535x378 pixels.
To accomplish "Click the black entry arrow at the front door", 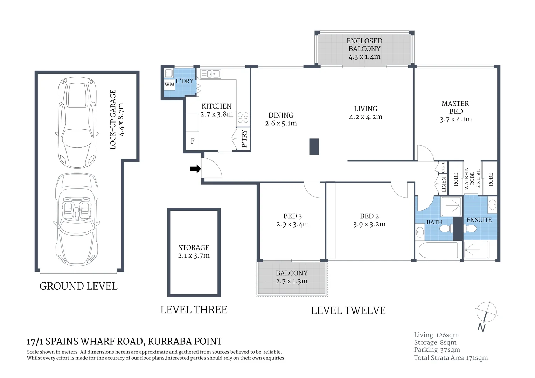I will (x=195, y=169).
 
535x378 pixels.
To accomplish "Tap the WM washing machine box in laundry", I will (x=169, y=85).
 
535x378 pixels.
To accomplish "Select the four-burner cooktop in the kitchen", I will (x=243, y=118).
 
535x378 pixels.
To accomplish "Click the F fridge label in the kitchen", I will (x=192, y=141).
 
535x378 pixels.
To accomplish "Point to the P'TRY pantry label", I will (x=244, y=139).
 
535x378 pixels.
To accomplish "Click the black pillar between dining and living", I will (x=314, y=146).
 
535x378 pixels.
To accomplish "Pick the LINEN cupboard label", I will (x=444, y=184).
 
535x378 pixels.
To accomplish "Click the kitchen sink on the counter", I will (x=210, y=74).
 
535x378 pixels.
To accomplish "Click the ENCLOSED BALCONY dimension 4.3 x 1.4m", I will (x=364, y=57).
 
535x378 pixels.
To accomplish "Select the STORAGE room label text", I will (x=194, y=247).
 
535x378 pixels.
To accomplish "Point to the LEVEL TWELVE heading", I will (x=348, y=310).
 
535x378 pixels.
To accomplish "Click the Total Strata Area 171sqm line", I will (x=451, y=358).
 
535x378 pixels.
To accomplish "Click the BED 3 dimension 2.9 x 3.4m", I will (x=292, y=224).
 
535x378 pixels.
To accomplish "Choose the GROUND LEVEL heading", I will (x=78, y=286).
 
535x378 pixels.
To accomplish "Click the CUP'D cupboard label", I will (x=443, y=167).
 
